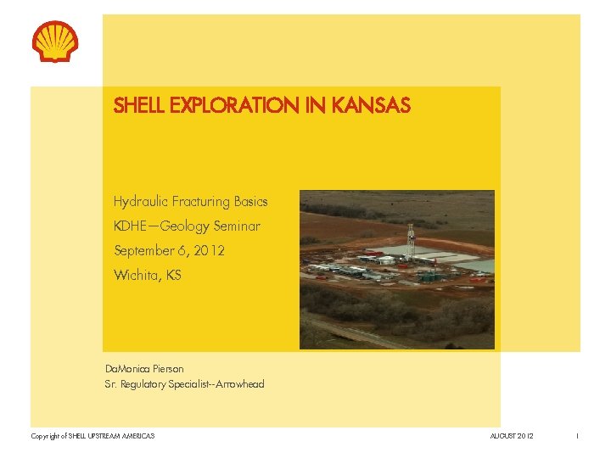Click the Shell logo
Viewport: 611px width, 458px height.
(x=55, y=42)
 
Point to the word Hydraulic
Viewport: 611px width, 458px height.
(x=141, y=202)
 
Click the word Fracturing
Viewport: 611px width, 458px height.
(x=201, y=202)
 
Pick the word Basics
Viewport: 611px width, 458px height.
(x=251, y=202)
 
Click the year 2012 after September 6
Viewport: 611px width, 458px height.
(x=209, y=251)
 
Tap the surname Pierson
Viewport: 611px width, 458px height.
(x=168, y=369)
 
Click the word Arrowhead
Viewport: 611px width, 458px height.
(x=239, y=384)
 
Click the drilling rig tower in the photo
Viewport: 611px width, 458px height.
(x=411, y=241)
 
